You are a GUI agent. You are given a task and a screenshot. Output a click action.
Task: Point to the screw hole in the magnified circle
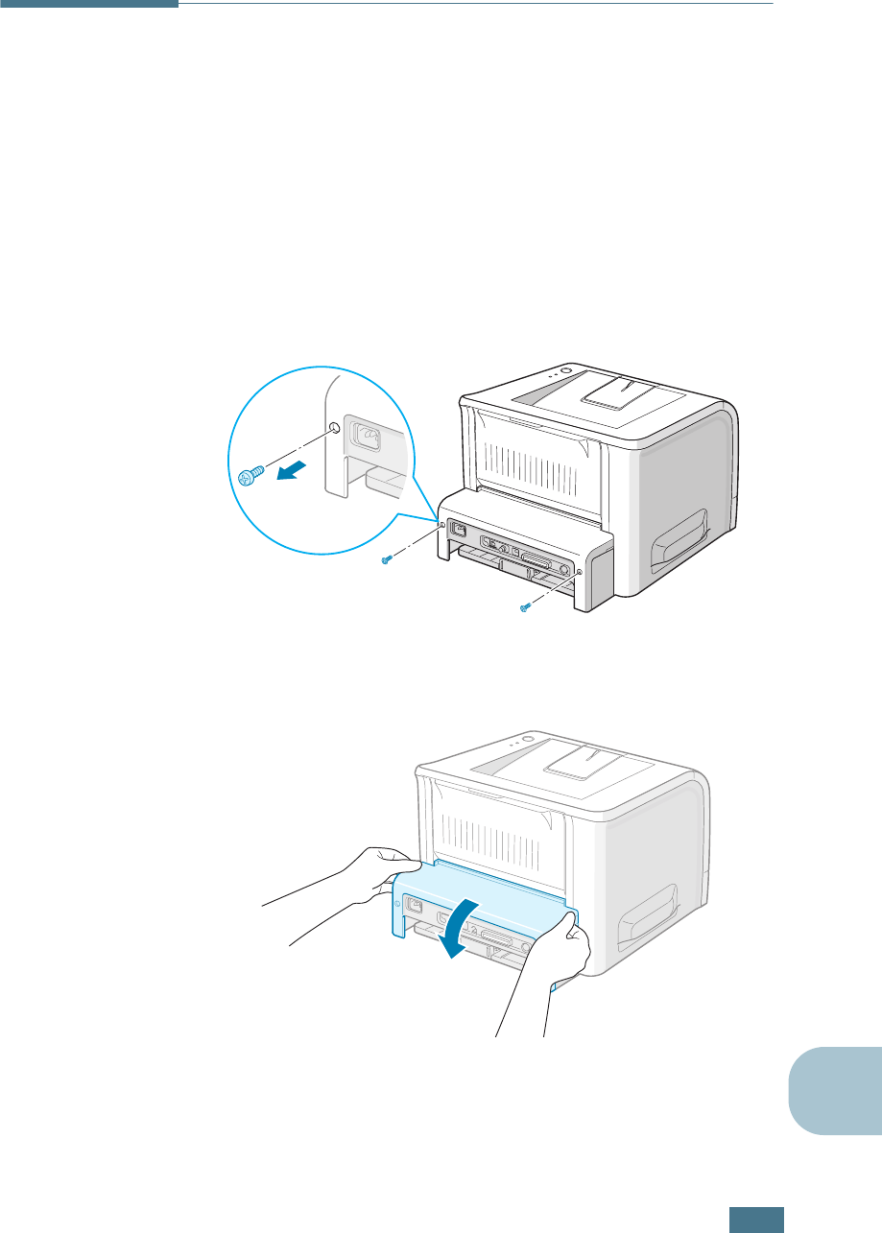coord(332,429)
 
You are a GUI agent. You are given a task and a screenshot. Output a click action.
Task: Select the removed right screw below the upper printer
coord(525,607)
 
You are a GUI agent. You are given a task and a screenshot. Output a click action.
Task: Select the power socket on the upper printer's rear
coord(459,530)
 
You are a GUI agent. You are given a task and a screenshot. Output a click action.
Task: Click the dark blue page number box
coord(756,1218)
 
